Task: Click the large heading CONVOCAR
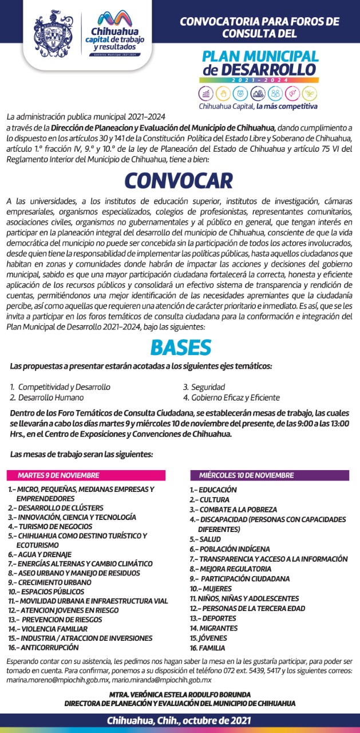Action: [180, 180]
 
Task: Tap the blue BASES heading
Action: [180, 346]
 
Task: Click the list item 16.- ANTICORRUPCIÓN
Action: [43, 647]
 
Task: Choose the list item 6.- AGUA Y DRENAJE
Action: [39, 554]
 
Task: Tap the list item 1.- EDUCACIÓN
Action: [213, 490]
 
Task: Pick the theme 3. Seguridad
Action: [204, 387]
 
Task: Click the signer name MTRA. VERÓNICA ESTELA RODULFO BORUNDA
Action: [180, 695]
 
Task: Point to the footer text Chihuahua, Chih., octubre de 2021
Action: [180, 720]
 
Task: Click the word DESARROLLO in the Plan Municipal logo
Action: [266, 69]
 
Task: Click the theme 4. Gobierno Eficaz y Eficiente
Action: [231, 397]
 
